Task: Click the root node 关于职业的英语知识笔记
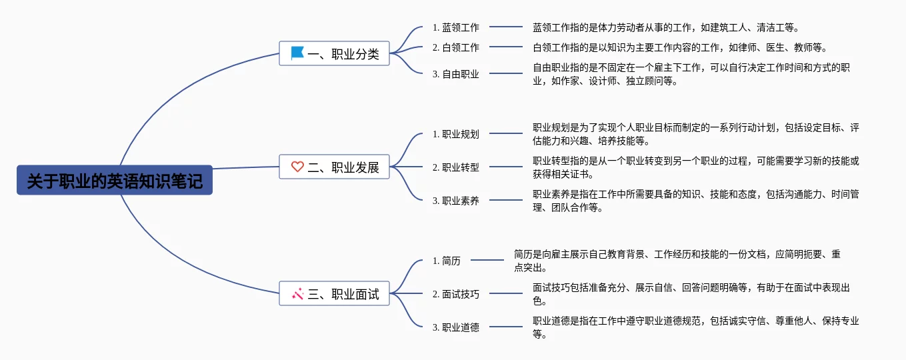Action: click(x=115, y=180)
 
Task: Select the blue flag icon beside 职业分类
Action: click(x=297, y=53)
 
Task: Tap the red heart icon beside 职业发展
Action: click(x=297, y=167)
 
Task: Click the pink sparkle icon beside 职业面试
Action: click(x=297, y=293)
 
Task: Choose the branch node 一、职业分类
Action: click(x=334, y=53)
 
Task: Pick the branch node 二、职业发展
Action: click(x=334, y=167)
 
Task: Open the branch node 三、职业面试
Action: click(x=334, y=294)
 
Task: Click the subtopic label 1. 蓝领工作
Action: click(x=455, y=27)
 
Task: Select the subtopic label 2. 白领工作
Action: click(x=455, y=47)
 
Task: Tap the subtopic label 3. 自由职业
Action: click(x=455, y=74)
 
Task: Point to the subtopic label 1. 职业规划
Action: click(x=455, y=134)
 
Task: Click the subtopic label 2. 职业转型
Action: click(x=455, y=167)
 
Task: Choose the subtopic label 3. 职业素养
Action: click(x=455, y=201)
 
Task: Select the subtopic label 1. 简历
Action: click(x=446, y=261)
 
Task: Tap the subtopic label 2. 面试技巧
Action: click(x=455, y=294)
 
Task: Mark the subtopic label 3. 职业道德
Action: click(x=455, y=327)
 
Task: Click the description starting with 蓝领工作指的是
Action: click(x=665, y=27)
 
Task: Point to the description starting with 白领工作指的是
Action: click(x=679, y=47)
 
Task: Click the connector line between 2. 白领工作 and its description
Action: click(x=506, y=47)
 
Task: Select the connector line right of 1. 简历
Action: click(x=487, y=260)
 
